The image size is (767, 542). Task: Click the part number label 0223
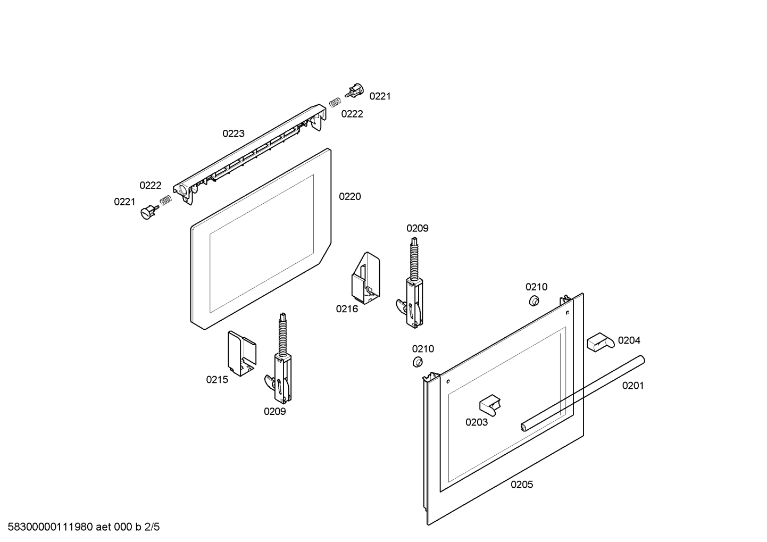point(234,134)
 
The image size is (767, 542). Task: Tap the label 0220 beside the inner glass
point(349,197)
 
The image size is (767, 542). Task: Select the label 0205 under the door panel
point(522,485)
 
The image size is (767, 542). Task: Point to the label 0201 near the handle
point(633,386)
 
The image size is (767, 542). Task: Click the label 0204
point(629,340)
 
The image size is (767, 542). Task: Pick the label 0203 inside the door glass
point(477,422)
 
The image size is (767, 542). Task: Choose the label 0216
point(347,309)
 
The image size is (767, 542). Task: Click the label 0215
point(217,380)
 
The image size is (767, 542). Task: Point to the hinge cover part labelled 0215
point(242,354)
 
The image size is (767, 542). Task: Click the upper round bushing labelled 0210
point(532,302)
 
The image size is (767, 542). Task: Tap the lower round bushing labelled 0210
point(418,363)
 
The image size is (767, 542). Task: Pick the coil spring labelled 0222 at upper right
point(335,102)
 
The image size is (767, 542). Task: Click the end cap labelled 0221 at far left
point(147,213)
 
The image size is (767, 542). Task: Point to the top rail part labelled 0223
point(250,154)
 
